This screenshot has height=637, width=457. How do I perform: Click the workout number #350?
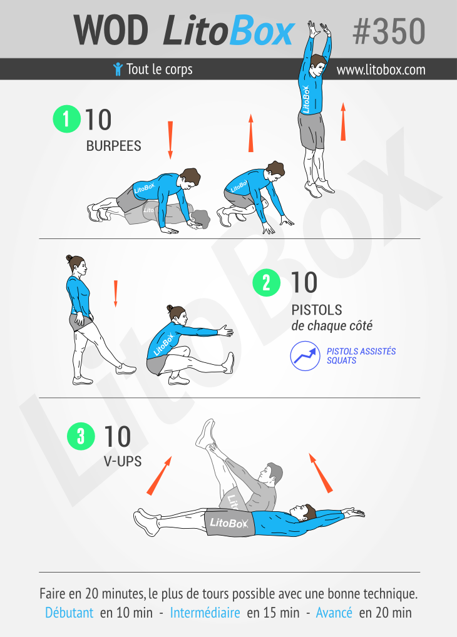point(389,31)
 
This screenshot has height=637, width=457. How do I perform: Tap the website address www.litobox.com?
point(381,70)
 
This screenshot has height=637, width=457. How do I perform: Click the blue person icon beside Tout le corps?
point(118,69)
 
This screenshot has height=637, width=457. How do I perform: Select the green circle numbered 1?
point(67,119)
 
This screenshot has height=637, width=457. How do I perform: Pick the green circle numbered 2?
point(266,282)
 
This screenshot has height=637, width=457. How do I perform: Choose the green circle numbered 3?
point(81,436)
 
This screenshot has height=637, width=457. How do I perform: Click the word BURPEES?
point(113,146)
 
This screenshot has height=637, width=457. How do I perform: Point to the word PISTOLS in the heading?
point(317,310)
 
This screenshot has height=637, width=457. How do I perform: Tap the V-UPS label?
point(123,462)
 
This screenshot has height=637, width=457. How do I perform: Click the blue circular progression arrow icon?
point(305,356)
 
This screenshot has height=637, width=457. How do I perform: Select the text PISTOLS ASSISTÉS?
point(361,351)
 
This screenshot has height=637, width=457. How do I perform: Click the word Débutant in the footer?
point(69,613)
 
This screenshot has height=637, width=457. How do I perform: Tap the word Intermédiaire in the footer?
point(205,613)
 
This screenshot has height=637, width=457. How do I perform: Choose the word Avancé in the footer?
point(334,613)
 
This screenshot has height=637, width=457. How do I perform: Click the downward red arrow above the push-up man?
point(170,140)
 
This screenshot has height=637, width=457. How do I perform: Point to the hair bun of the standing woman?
point(69,258)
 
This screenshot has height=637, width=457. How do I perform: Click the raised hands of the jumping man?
point(319,29)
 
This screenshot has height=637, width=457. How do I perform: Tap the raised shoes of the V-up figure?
point(205,434)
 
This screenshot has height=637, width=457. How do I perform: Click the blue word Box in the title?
point(262,31)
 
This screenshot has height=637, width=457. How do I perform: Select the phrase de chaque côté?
point(332,326)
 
